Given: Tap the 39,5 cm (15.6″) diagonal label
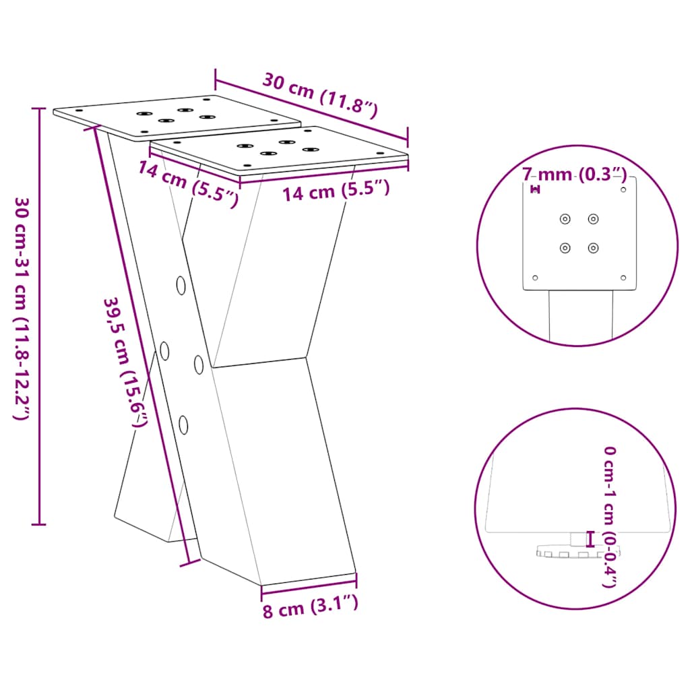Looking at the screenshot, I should [x=125, y=363].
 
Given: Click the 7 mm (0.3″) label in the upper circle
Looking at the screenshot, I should [x=575, y=175].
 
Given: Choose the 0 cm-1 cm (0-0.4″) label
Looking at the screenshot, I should [x=609, y=515].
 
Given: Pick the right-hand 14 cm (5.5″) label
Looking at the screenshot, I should [x=336, y=191].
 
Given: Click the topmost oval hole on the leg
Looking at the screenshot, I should [x=181, y=286].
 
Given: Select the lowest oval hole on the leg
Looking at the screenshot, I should [x=183, y=424].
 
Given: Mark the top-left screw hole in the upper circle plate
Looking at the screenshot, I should [x=565, y=218].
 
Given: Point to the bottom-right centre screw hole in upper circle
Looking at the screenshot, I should [x=593, y=248].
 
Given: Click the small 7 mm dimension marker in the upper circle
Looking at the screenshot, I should [x=536, y=189].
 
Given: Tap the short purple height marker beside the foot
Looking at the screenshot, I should [x=591, y=538].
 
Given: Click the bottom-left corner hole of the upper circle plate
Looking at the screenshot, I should [x=536, y=277].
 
